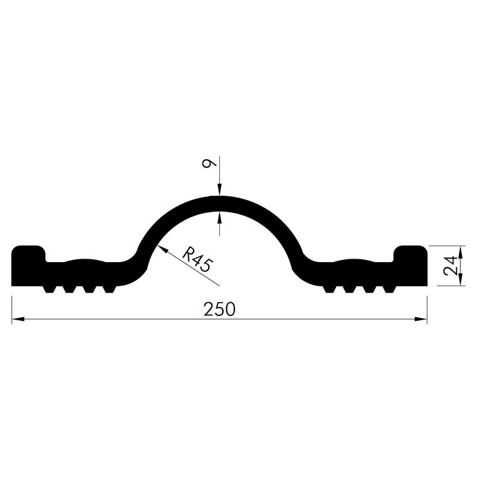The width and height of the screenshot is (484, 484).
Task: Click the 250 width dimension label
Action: pyautogui.click(x=219, y=309)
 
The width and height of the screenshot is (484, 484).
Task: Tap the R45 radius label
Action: pyautogui.click(x=198, y=259)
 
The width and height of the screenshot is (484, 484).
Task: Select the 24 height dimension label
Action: pyautogui.click(x=450, y=266)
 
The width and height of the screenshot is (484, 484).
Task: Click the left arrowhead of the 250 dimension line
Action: pyautogui.click(x=18, y=319)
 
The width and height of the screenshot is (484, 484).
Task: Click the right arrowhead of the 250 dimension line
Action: pyautogui.click(x=420, y=319)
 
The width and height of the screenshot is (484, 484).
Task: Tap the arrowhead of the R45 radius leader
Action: pyautogui.click(x=162, y=249)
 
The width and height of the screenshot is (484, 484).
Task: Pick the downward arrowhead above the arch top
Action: pyautogui.click(x=219, y=190)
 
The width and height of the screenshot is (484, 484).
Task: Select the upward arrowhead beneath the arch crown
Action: pyautogui.click(x=219, y=218)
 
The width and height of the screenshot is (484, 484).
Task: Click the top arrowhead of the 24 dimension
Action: pyautogui.click(x=460, y=252)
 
